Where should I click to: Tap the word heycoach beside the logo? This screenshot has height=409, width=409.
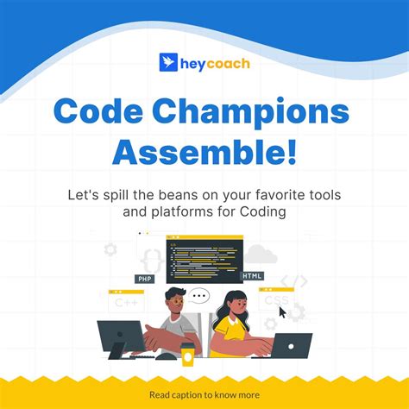pyautogui.click(x=215, y=63)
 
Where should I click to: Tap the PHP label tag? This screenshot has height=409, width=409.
pyautogui.click(x=144, y=279)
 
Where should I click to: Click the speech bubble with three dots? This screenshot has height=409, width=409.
pyautogui.click(x=199, y=296)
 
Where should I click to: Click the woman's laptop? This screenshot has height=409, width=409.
pyautogui.click(x=286, y=345)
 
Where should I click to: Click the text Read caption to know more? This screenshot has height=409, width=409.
pyautogui.click(x=204, y=395)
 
